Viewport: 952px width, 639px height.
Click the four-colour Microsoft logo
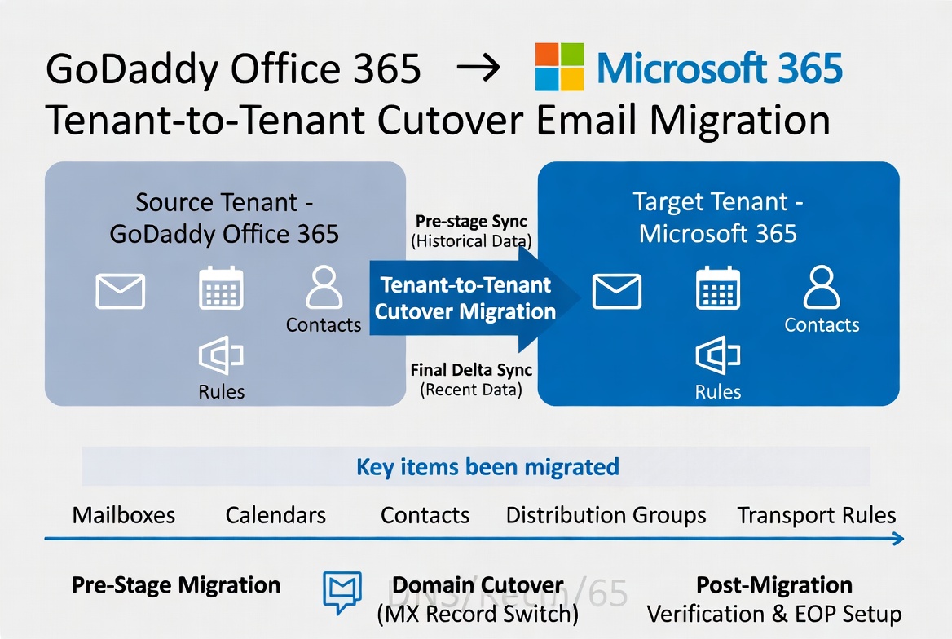(x=559, y=66)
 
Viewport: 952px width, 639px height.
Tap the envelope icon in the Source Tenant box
(x=121, y=291)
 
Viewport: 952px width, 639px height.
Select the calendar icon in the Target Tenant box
(x=718, y=289)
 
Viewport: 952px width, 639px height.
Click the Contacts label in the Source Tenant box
(x=324, y=325)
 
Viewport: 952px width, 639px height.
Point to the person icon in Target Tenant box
(x=822, y=288)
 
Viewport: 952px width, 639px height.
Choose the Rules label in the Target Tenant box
(x=718, y=392)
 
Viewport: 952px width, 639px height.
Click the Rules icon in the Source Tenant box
(x=221, y=356)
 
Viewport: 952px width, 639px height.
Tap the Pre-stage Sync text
(x=471, y=222)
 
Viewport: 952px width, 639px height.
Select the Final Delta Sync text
(x=471, y=370)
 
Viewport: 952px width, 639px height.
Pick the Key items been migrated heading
(x=487, y=467)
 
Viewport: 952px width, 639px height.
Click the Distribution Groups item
(x=606, y=515)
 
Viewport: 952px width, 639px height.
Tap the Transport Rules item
(x=816, y=515)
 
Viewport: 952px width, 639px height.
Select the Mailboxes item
(x=124, y=515)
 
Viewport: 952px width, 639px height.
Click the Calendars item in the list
(x=275, y=515)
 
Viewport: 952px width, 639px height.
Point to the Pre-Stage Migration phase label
(x=176, y=585)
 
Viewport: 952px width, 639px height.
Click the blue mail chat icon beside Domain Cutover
(x=342, y=592)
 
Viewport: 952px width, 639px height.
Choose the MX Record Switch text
(x=478, y=613)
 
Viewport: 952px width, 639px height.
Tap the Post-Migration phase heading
(x=773, y=585)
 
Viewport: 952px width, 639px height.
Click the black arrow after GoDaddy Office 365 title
(x=478, y=68)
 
